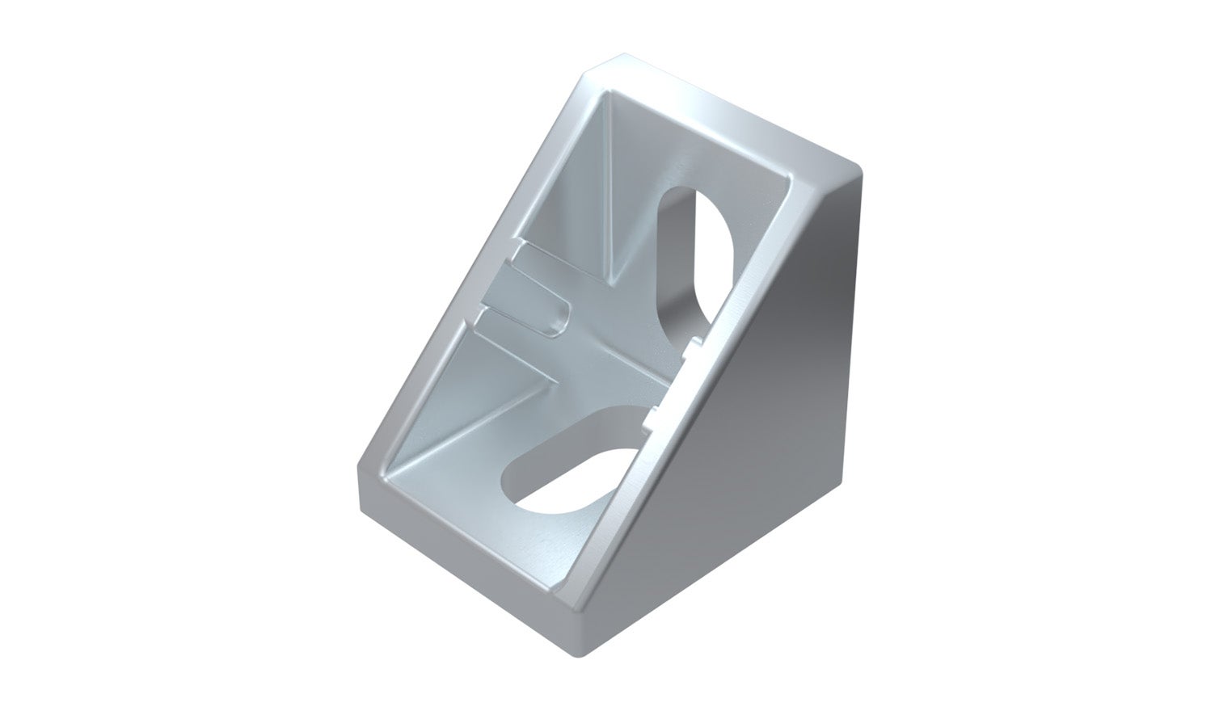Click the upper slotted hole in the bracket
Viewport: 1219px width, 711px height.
coord(692,259)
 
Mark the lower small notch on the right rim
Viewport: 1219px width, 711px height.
coord(653,417)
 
